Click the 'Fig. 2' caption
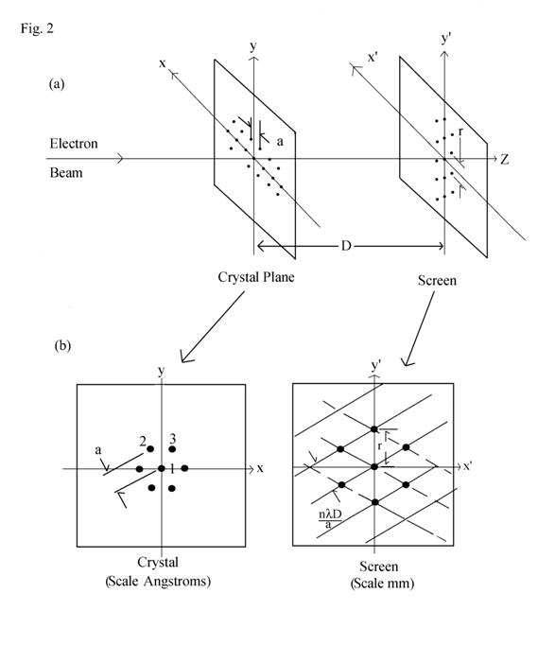pyautogui.click(x=37, y=28)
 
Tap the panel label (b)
pyautogui.click(x=62, y=345)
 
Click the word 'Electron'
pyautogui.click(x=74, y=143)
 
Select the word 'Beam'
pyautogui.click(x=66, y=172)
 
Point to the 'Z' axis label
pyautogui.click(x=505, y=159)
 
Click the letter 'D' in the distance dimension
pyautogui.click(x=346, y=246)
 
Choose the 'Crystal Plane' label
pyautogui.click(x=256, y=277)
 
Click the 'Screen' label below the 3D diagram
pyautogui.click(x=437, y=281)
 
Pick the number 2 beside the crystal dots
pyautogui.click(x=143, y=442)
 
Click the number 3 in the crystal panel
pyautogui.click(x=173, y=439)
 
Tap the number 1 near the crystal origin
pyautogui.click(x=172, y=469)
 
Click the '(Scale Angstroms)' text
pyautogui.click(x=158, y=582)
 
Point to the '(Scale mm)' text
pyautogui.click(x=382, y=584)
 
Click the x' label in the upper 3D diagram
pyautogui.click(x=373, y=58)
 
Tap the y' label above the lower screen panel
pyautogui.click(x=376, y=366)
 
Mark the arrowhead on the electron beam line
pyautogui.click(x=120, y=158)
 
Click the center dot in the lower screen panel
pyautogui.click(x=373, y=467)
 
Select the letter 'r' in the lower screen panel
pyautogui.click(x=380, y=445)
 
